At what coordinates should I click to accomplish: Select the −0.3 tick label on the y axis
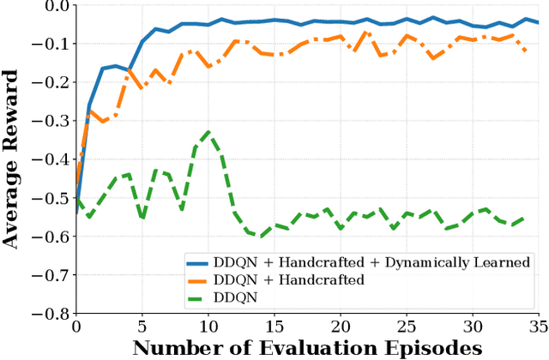pos(53,121)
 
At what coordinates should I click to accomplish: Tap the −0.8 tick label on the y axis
pos(53,314)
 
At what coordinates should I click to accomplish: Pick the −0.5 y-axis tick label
pos(53,198)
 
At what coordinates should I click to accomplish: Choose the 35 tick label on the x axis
pos(538,327)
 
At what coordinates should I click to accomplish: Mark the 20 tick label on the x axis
pos(341,327)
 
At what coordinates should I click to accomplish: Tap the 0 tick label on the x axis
pos(76,327)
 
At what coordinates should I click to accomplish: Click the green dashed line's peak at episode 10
pos(208,132)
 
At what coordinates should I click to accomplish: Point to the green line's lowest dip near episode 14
pos(261,235)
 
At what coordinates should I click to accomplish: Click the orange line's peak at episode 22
pos(366,33)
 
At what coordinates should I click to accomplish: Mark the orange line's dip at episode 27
pos(432,58)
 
